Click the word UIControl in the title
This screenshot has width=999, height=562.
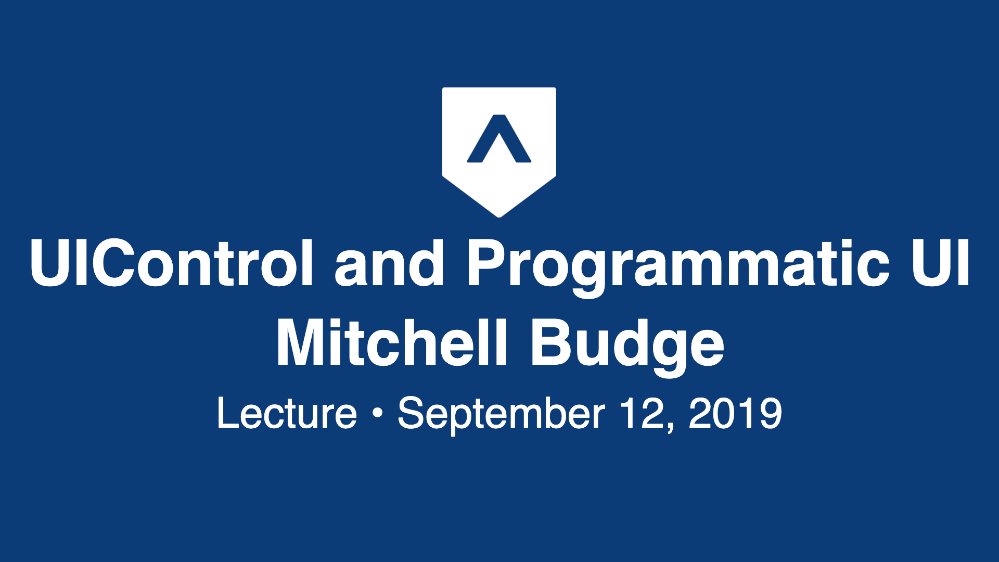[172, 263]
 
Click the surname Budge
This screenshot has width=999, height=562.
[627, 343]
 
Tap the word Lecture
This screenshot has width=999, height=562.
[287, 414]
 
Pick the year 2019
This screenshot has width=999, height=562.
[735, 414]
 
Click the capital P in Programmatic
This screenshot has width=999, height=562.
[486, 263]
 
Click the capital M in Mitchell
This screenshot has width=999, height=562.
[301, 343]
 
